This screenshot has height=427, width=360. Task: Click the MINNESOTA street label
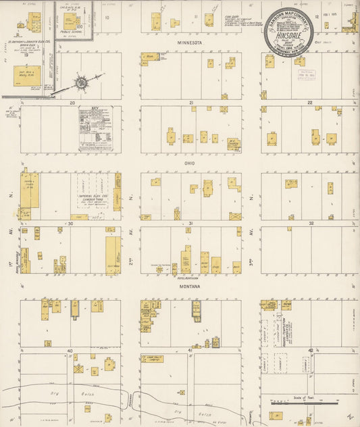tap(190, 42)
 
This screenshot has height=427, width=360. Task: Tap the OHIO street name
tap(189, 162)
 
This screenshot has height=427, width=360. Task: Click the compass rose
tap(81, 82)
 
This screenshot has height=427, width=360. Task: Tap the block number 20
tap(71, 103)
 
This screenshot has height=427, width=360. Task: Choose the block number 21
tap(191, 103)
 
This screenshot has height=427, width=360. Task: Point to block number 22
tap(310, 103)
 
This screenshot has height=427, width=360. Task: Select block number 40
tap(70, 351)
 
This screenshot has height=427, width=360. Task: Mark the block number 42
tap(311, 351)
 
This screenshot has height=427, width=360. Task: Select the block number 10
tap(107, 18)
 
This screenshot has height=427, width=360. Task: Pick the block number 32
tap(311, 223)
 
